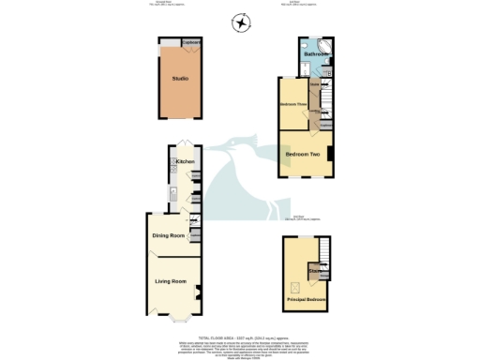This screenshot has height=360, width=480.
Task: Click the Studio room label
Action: pos(179,79)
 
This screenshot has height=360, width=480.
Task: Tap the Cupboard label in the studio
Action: pos(190,43)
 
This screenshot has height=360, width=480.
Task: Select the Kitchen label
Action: pos(185,162)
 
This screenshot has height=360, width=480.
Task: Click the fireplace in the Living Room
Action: pos(198,291)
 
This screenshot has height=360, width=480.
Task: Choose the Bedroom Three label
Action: pos(294,104)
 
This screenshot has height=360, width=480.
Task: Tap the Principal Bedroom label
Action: pos(307,300)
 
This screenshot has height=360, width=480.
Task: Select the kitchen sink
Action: pos(174,195)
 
